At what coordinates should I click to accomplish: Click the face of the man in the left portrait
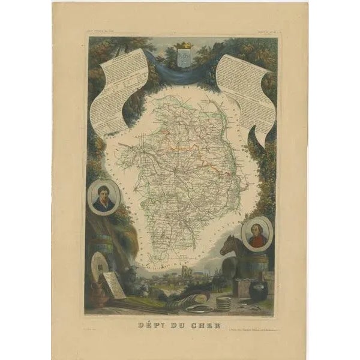coord(103,193)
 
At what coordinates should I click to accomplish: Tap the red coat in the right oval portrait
coord(257,240)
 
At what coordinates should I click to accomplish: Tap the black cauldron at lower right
coord(259,292)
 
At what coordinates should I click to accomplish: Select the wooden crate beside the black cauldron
coord(243,291)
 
